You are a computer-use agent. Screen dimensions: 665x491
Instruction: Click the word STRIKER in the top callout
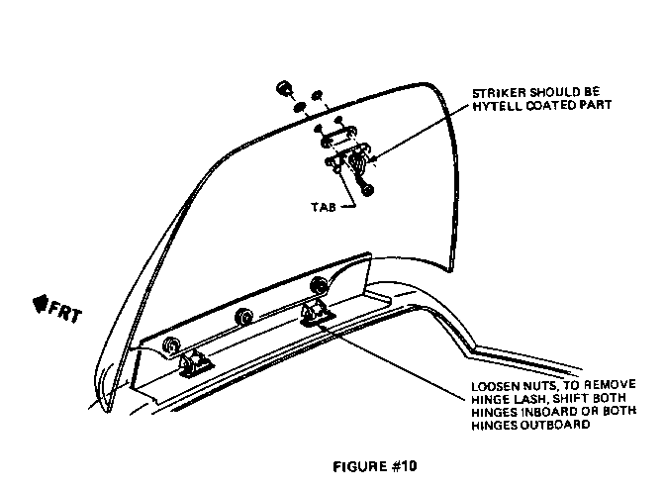[x=499, y=92]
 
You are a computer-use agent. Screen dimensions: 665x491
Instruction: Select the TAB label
[x=324, y=207]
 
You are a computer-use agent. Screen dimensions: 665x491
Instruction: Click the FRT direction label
[x=64, y=313]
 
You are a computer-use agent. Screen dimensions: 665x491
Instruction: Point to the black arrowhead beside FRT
[x=40, y=304]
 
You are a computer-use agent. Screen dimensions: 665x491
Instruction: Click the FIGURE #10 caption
[x=375, y=466]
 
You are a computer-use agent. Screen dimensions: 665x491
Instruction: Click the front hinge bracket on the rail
[x=194, y=364]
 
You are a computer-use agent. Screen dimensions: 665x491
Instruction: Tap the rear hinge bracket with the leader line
[x=317, y=313]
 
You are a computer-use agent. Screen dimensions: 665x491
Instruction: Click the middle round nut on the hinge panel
[x=244, y=317]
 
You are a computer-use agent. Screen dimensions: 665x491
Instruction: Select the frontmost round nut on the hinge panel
[x=171, y=346]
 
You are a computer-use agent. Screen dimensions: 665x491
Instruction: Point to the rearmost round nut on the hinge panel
[x=318, y=285]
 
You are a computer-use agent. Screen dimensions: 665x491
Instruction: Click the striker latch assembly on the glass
[x=348, y=157]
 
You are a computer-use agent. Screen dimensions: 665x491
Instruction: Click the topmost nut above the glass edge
[x=283, y=89]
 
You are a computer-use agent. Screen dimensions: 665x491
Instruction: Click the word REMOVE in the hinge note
[x=611, y=385]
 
